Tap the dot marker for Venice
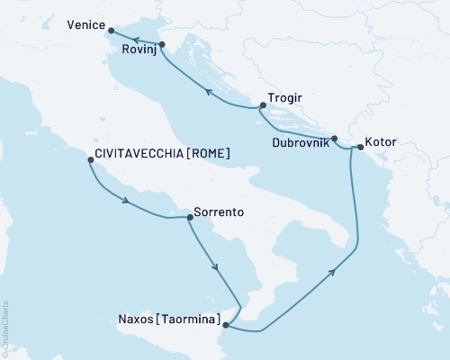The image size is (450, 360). pyautogui.click(x=111, y=31)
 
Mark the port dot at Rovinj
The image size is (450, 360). pyautogui.click(x=160, y=44)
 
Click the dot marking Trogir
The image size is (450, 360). pyautogui.click(x=263, y=106)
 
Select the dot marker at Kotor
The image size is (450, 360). pyautogui.click(x=360, y=147)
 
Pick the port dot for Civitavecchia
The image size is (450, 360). pyautogui.click(x=90, y=160)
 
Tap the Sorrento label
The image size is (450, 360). pyautogui.click(x=220, y=214)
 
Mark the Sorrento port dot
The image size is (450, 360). pyautogui.click(x=189, y=217)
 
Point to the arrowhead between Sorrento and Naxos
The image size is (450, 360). pyautogui.click(x=215, y=267)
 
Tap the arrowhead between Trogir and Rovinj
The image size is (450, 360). pyautogui.click(x=208, y=91)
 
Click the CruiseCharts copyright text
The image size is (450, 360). pyautogui.click(x=5, y=328)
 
